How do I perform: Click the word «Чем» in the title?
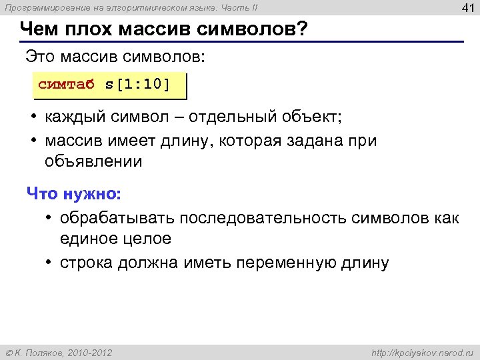(41, 30)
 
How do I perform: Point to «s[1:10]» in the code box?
(137, 85)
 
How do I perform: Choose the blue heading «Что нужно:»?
(74, 194)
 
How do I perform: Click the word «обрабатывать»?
(115, 218)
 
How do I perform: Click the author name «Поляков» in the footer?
(44, 351)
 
